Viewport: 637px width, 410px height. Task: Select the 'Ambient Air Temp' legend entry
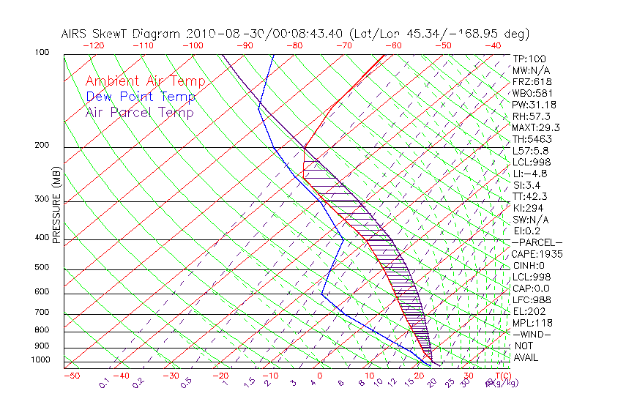click(x=146, y=81)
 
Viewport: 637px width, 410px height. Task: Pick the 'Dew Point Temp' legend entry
click(x=141, y=97)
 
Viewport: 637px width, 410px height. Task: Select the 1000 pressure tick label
click(x=42, y=359)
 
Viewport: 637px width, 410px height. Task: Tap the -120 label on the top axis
click(x=94, y=45)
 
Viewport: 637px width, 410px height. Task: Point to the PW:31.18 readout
click(x=533, y=105)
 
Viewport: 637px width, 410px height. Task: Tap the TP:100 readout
click(x=529, y=59)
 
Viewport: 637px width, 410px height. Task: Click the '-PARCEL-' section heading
click(x=537, y=242)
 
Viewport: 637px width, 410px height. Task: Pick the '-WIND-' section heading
click(x=533, y=334)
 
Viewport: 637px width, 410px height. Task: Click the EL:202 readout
click(x=529, y=311)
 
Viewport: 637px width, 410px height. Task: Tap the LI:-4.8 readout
click(x=530, y=174)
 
